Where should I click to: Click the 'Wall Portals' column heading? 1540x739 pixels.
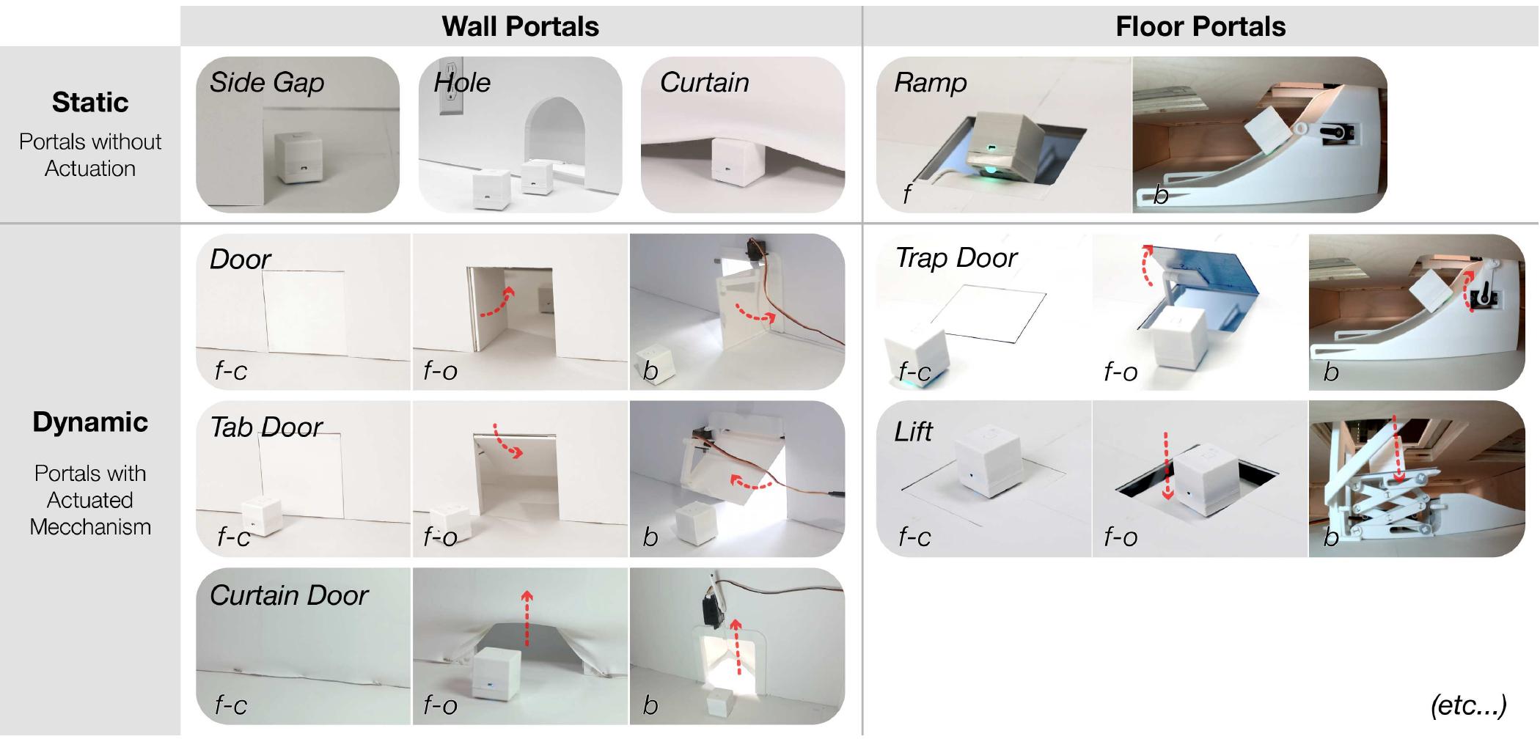(520, 26)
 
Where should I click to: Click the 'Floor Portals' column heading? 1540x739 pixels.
(1200, 26)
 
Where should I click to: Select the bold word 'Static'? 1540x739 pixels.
(89, 102)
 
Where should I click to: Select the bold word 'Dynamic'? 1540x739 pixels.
(89, 422)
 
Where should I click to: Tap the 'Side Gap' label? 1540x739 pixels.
(267, 82)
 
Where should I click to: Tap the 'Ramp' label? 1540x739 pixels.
(930, 82)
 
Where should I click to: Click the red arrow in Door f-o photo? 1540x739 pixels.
(499, 304)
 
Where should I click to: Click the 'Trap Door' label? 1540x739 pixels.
(956, 258)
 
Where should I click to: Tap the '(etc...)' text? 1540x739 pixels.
(1468, 705)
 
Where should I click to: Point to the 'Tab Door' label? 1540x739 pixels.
(266, 427)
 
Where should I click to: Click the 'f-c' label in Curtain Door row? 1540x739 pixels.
(230, 705)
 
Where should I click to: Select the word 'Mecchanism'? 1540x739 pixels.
(89, 526)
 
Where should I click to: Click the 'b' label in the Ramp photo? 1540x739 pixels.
(1160, 195)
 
